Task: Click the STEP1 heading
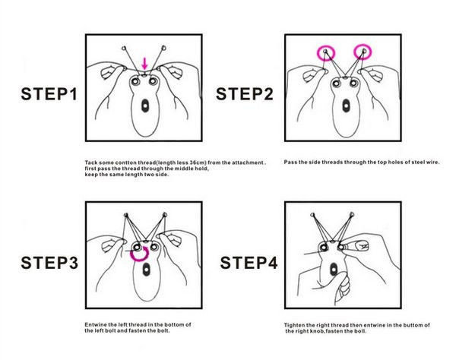point(49,94)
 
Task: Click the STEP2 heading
point(245,94)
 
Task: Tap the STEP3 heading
point(49,262)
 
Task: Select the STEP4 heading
point(248,262)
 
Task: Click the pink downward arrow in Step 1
point(144,64)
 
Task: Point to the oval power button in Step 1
point(145,106)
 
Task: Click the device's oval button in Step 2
point(346,106)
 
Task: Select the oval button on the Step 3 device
point(146,270)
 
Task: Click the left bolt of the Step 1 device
point(135,81)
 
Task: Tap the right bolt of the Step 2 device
point(353,84)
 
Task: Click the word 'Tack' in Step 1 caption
point(90,163)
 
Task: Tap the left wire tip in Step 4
point(312,215)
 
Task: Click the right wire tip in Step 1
point(163,47)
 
